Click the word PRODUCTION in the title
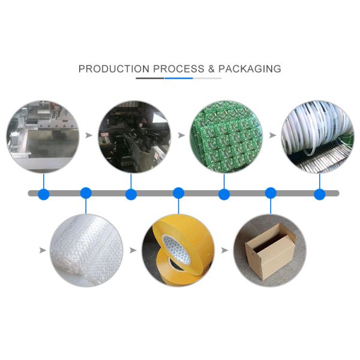(114, 69)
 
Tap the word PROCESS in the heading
(179, 69)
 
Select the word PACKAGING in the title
(250, 69)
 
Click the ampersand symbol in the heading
(211, 69)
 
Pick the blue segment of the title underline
(179, 78)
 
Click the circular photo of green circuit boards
(226, 137)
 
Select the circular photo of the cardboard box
(270, 250)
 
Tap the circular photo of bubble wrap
(86, 250)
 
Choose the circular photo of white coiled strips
(318, 137)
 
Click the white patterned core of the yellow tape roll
(176, 248)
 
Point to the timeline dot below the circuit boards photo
(224, 194)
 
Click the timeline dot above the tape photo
(178, 193)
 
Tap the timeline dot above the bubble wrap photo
(86, 193)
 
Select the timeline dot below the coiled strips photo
(320, 194)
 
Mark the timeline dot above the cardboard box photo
(271, 193)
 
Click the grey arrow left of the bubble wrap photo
(43, 250)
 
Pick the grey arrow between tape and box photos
(225, 250)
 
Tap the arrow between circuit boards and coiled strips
(273, 135)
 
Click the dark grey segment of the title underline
(150, 78)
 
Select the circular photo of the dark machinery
(135, 137)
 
